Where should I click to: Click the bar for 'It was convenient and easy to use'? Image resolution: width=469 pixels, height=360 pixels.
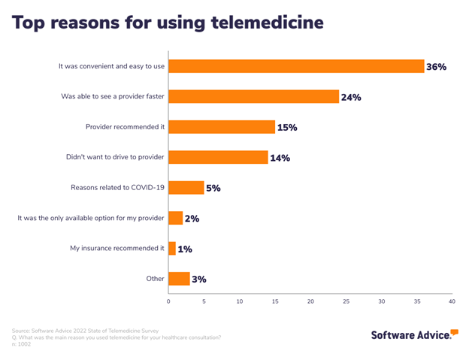(x=295, y=66)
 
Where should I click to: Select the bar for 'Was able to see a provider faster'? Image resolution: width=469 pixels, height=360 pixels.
(x=253, y=96)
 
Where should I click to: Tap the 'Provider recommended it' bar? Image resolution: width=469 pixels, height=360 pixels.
(x=222, y=127)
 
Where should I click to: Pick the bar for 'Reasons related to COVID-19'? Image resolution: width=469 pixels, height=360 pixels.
(x=186, y=188)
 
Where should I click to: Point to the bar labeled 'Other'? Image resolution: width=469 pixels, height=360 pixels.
(x=179, y=279)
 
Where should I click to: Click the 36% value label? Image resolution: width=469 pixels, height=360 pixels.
(x=437, y=67)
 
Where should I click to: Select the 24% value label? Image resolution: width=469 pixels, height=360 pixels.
(x=351, y=97)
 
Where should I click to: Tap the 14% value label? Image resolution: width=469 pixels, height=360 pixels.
(x=280, y=158)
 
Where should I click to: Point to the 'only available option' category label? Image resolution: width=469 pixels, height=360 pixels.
(x=91, y=219)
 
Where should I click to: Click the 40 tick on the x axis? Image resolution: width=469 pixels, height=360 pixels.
(x=452, y=301)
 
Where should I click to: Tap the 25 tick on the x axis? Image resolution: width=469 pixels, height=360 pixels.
(x=346, y=301)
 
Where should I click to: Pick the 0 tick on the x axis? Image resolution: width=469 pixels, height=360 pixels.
(x=168, y=301)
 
